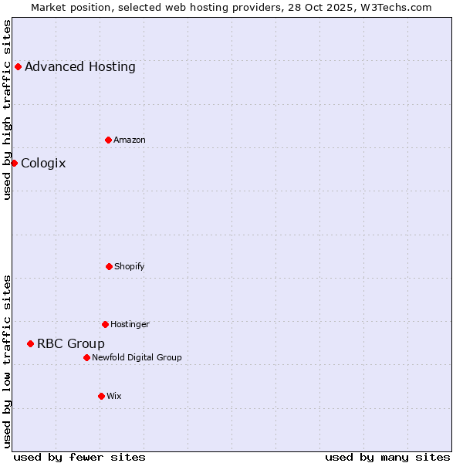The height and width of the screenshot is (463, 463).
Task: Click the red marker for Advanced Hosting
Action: [x=18, y=66]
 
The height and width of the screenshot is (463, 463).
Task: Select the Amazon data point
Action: [x=108, y=140]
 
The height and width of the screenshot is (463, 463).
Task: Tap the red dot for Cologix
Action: [x=14, y=163]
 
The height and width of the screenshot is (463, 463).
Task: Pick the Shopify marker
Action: [x=109, y=266]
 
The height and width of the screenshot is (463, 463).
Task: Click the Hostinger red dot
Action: [x=105, y=324]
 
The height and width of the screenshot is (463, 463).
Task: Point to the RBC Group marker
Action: [x=30, y=343]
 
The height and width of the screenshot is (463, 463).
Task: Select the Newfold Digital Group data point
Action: [x=86, y=357]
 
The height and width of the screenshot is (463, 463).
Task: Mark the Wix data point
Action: [x=101, y=396]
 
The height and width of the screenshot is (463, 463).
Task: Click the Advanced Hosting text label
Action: [x=80, y=66]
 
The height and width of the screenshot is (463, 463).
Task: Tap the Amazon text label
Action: [x=130, y=140]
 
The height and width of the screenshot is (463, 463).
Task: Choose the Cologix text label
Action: [x=43, y=163]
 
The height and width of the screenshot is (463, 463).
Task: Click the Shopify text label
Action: [x=130, y=266]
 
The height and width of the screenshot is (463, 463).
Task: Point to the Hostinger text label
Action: [x=130, y=324]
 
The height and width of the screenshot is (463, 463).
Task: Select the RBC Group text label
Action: [x=71, y=343]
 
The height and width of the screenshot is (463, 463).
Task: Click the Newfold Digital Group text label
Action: [x=137, y=357]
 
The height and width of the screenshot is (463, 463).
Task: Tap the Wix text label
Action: [x=114, y=396]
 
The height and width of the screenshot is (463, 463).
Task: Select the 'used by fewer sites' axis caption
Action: [x=79, y=457]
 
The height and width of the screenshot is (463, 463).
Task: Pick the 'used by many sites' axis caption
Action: [x=387, y=457]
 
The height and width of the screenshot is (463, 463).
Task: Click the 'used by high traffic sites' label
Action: [x=7, y=110]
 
